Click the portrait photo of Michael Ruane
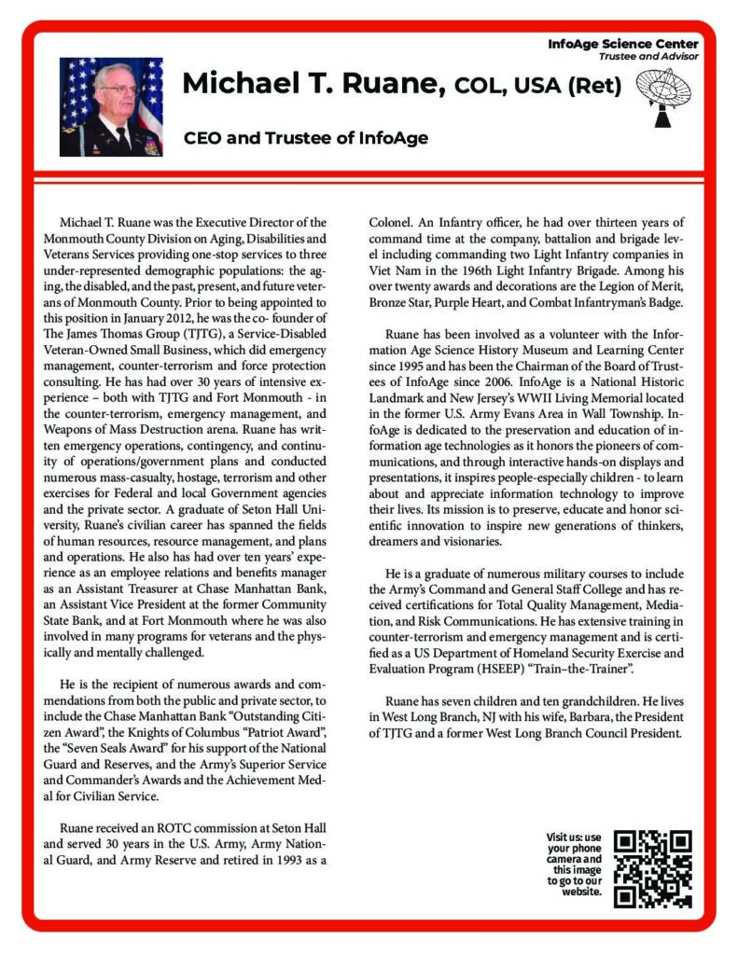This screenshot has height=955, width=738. [x=111, y=107]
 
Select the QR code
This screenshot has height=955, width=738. [x=653, y=867]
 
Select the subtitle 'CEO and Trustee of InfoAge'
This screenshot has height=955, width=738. [x=305, y=139]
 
